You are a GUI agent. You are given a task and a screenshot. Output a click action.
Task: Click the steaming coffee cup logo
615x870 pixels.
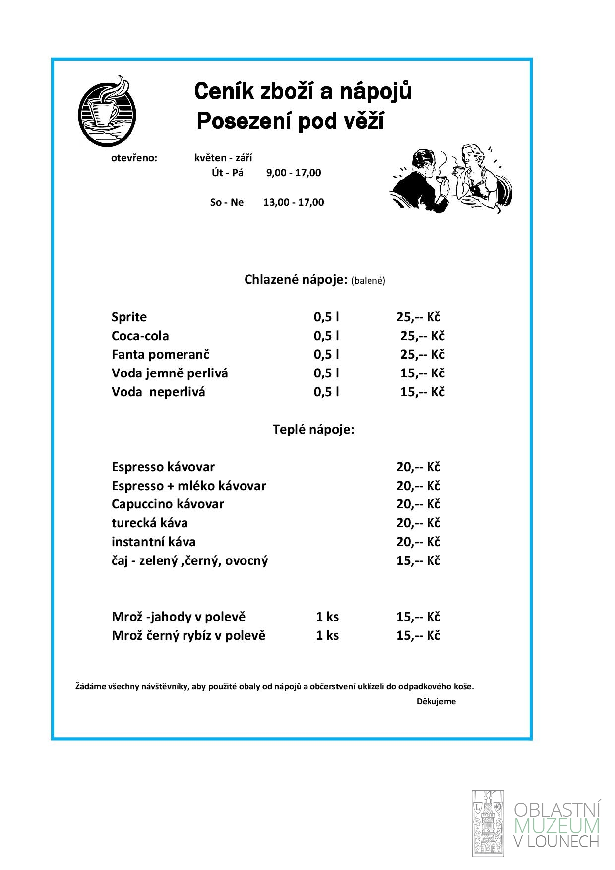coord(107,112)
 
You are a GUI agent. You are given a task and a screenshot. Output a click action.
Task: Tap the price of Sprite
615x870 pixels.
coord(418,317)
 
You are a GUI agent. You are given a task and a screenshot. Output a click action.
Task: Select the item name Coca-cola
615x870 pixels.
coord(140,336)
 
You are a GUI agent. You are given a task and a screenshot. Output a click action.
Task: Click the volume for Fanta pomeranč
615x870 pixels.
coord(326,355)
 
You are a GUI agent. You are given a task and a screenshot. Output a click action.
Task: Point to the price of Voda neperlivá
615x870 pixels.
coord(423,392)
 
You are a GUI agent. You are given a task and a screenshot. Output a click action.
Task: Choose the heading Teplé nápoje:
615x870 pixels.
coord(313,429)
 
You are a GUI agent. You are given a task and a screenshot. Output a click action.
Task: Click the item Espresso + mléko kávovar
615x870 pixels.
coord(188,486)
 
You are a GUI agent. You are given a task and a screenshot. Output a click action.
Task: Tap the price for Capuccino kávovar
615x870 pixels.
coord(418,504)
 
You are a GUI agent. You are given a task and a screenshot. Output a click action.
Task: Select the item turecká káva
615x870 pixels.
coord(150,523)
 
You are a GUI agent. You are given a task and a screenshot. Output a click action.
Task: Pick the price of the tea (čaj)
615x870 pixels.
coord(418,560)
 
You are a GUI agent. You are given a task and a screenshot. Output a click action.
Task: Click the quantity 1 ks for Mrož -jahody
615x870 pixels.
coord(327,617)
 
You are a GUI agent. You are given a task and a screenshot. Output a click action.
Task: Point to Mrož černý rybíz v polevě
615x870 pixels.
coord(188,635)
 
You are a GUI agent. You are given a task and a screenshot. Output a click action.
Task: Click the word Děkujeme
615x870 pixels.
coord(436,701)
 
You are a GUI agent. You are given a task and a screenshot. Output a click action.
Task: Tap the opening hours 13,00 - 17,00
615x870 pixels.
coord(294,202)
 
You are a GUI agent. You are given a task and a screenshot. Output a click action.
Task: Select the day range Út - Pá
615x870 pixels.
coord(228,173)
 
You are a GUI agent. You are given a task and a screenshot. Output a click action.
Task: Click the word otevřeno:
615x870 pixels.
coord(134,158)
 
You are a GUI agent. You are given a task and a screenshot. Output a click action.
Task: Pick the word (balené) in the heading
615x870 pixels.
coord(368,281)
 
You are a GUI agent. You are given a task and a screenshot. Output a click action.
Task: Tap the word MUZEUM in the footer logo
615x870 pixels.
coord(557,826)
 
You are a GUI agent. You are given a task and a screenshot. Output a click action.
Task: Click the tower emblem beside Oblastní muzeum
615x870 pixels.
coord(488,824)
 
